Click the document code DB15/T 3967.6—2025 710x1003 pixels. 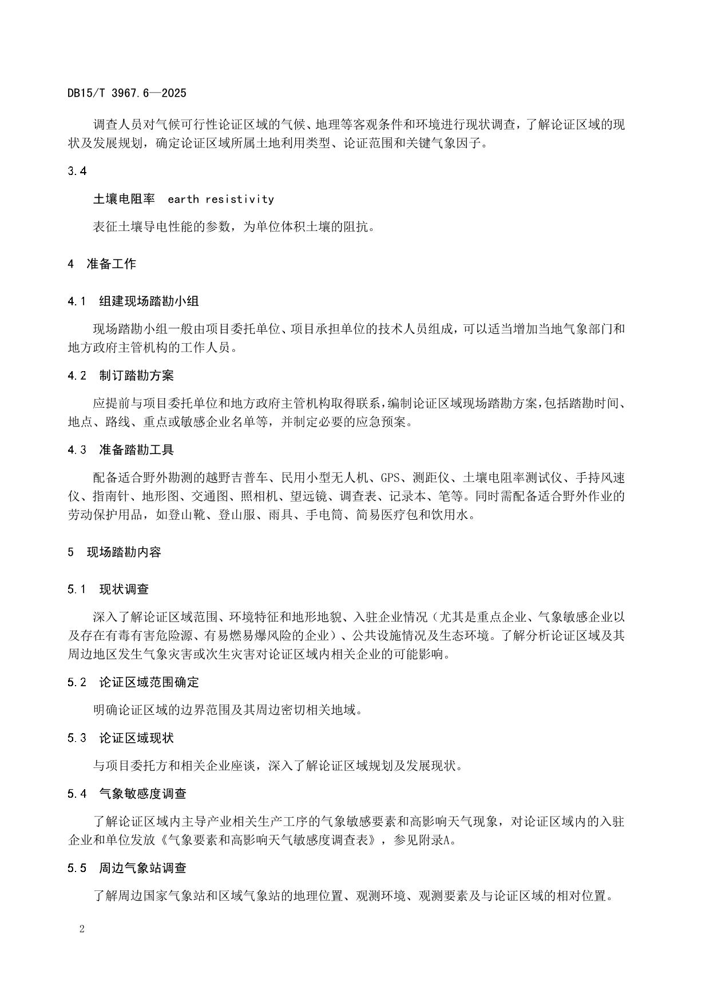(x=126, y=93)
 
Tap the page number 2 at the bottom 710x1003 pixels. (x=82, y=929)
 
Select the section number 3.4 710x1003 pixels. (x=77, y=171)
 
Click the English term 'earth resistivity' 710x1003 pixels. (x=221, y=199)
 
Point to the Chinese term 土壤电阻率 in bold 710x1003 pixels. (x=124, y=199)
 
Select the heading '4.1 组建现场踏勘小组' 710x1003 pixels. (x=133, y=301)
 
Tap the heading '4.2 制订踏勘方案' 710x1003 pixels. (x=121, y=376)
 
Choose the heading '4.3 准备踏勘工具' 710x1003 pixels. (x=121, y=450)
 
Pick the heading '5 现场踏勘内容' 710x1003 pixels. (x=114, y=552)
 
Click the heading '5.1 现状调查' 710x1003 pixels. (x=108, y=589)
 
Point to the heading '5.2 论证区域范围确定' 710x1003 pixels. (x=133, y=682)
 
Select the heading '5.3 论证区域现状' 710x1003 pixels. (x=121, y=738)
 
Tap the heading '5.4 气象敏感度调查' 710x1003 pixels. (x=127, y=794)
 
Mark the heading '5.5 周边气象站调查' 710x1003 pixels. (x=127, y=868)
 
